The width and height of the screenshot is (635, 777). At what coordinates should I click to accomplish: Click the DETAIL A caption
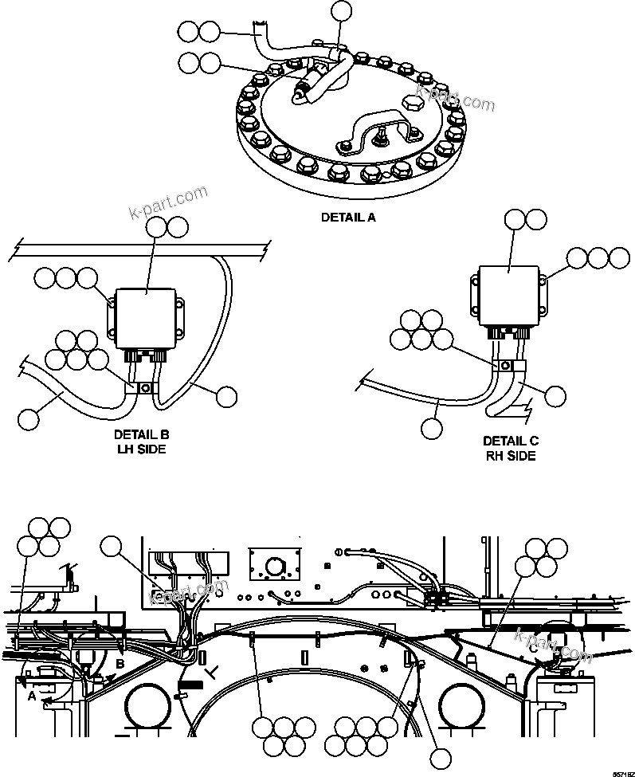pos(347,216)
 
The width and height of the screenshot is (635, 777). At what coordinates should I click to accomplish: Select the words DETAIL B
pos(142,435)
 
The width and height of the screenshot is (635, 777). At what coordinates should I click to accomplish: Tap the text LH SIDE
pos(142,449)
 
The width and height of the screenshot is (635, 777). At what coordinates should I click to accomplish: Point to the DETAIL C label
pos(510,441)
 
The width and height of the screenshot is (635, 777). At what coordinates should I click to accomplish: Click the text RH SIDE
pos(510,456)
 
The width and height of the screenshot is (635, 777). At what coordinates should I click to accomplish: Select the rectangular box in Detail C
pos(509,295)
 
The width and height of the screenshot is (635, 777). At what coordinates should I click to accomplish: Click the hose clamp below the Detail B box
pos(145,388)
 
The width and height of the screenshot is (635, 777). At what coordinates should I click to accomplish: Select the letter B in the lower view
pos(120,661)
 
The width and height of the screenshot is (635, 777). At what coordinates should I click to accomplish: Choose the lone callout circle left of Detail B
pos(29,417)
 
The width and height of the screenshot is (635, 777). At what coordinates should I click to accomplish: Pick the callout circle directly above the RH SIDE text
pos(555,396)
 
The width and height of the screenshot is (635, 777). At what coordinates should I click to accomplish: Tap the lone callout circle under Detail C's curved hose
pos(432,428)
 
